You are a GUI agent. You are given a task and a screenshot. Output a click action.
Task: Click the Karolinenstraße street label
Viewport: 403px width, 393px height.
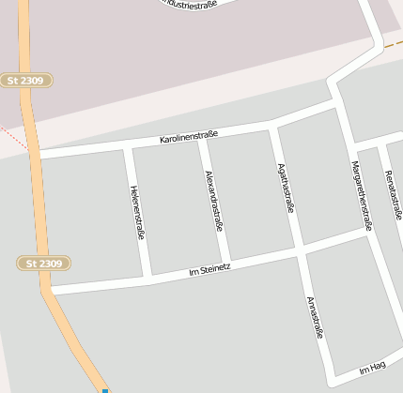click(x=189, y=137)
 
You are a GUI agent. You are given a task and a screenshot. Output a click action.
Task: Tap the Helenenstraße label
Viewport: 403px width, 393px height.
click(x=137, y=213)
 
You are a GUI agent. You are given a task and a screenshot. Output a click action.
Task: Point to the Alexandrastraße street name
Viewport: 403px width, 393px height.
click(x=214, y=200)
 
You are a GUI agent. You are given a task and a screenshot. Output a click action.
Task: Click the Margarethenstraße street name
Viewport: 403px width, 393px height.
click(x=362, y=195)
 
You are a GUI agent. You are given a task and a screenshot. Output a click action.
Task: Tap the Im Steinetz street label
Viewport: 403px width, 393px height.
click(x=209, y=270)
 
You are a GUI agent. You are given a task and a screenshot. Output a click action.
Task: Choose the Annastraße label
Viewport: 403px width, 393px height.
click(x=315, y=329)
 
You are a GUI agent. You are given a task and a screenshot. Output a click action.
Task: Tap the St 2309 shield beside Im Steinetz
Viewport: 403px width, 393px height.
click(x=39, y=264)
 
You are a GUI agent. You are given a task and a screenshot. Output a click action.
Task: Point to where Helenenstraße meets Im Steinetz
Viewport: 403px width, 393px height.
click(x=148, y=278)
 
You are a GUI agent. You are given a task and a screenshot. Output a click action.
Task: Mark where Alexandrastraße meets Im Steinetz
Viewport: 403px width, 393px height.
click(x=226, y=264)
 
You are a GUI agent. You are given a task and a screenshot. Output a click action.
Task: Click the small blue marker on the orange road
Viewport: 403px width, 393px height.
click(x=105, y=390)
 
